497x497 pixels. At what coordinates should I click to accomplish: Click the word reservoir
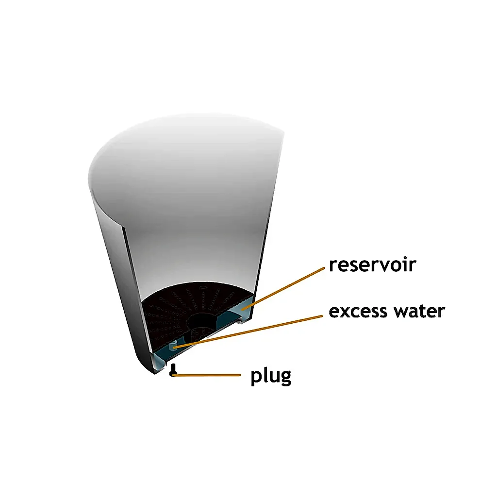tap(372, 265)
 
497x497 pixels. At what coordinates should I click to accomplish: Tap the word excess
tap(358, 312)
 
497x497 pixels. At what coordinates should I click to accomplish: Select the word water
tap(419, 311)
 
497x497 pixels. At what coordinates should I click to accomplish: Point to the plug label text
tap(271, 377)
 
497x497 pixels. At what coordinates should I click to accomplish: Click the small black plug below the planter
tap(173, 370)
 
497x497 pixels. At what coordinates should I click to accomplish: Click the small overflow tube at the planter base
tap(173, 346)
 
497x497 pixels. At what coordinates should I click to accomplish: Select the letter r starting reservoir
tap(333, 266)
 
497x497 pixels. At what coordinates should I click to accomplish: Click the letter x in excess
tap(343, 313)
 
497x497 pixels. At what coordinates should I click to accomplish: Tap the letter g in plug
tap(285, 379)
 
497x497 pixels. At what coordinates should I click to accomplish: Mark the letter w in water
tap(401, 312)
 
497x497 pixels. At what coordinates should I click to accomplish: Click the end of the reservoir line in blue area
tap(242, 309)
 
